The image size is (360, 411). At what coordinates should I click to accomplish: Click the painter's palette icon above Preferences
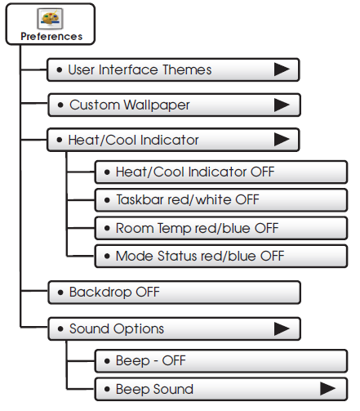pos(50,19)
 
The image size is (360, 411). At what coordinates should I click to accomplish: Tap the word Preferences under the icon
pos(51,37)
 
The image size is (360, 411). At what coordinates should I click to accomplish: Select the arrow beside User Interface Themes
pos(282,69)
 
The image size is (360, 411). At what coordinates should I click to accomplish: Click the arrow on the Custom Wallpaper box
pos(282,105)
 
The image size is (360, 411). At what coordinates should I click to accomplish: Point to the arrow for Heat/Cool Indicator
pos(282,140)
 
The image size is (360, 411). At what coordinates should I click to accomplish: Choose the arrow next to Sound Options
pos(282,328)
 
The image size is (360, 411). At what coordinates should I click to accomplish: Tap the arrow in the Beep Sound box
pos(327,389)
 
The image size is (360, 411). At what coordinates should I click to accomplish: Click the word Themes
pos(187,69)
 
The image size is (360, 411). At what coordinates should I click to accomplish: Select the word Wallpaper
pos(157,105)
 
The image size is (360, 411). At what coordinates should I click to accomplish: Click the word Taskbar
pos(140,199)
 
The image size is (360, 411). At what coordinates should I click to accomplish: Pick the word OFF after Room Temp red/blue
pos(267,228)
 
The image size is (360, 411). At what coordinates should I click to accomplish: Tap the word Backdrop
pos(100,292)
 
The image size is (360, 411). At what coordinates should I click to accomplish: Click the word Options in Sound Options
pos(139,329)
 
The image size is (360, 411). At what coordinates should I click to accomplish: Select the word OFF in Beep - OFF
pos(174,360)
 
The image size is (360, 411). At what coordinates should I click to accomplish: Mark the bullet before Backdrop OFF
pos(60,293)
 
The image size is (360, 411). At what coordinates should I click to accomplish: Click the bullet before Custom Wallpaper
pos(60,105)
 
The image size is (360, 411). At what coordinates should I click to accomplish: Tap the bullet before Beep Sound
pos(107,389)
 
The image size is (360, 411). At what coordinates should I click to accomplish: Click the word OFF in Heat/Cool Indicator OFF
pos(262,172)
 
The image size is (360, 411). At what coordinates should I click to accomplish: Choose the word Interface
pos(129,69)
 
